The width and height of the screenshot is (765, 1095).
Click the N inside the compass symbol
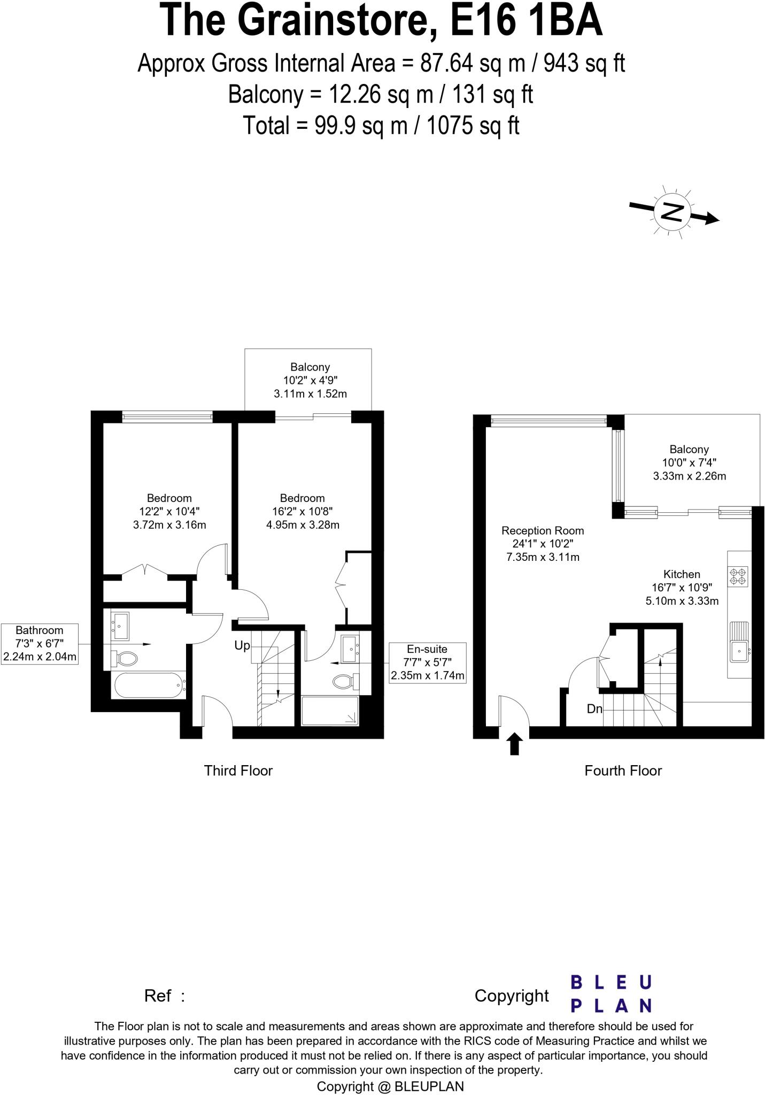673,212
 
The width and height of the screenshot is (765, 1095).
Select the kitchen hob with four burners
738,576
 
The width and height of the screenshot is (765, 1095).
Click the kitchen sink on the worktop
740,650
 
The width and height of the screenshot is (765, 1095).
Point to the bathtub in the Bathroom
148,685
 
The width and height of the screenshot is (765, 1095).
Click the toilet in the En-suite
345,681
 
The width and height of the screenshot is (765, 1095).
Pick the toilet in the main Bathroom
125,658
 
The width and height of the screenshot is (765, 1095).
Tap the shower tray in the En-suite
329,710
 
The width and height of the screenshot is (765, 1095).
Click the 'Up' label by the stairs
242,645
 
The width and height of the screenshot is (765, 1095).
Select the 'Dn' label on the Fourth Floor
594,709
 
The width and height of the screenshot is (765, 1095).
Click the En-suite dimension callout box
427,662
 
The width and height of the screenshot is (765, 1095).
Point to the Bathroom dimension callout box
40,644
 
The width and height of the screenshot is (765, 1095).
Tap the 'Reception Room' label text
542,530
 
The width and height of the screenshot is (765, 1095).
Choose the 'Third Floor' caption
238,770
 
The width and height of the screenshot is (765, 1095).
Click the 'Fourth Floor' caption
623,770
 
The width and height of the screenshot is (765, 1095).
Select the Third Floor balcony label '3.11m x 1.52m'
310,394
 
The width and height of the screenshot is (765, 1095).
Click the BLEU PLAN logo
611,993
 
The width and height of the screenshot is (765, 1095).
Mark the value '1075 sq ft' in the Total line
473,126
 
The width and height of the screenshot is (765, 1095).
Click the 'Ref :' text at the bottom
164,996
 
